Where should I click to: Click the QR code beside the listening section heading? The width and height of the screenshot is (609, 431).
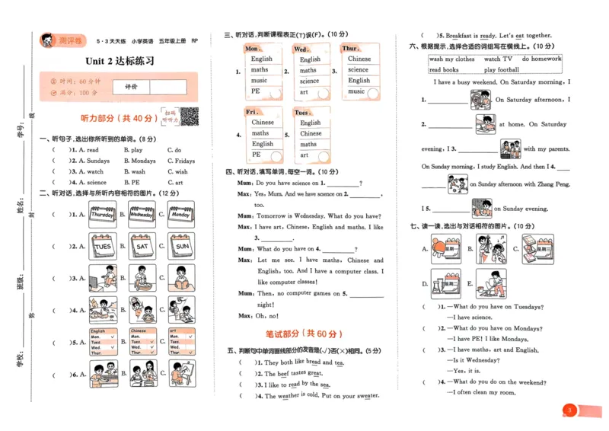189,117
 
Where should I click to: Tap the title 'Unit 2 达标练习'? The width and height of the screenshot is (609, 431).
120,61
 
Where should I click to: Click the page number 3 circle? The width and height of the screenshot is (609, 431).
569,411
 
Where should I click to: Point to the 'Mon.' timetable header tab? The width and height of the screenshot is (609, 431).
253,49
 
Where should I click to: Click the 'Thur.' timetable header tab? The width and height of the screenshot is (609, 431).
350,49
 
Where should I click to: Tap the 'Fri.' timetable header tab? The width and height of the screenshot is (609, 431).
253,112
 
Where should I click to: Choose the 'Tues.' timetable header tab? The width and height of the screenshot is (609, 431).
301,112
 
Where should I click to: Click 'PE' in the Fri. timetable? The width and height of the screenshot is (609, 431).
257,155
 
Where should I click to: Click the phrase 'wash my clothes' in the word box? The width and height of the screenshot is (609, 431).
451,59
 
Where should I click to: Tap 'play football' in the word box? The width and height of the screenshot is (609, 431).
501,70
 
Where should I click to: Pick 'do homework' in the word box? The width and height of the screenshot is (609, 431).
541,59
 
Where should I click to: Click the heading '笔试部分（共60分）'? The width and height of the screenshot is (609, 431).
304,334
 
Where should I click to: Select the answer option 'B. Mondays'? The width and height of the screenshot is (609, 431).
139,161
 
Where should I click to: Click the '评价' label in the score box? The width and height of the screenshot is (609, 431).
131,87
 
